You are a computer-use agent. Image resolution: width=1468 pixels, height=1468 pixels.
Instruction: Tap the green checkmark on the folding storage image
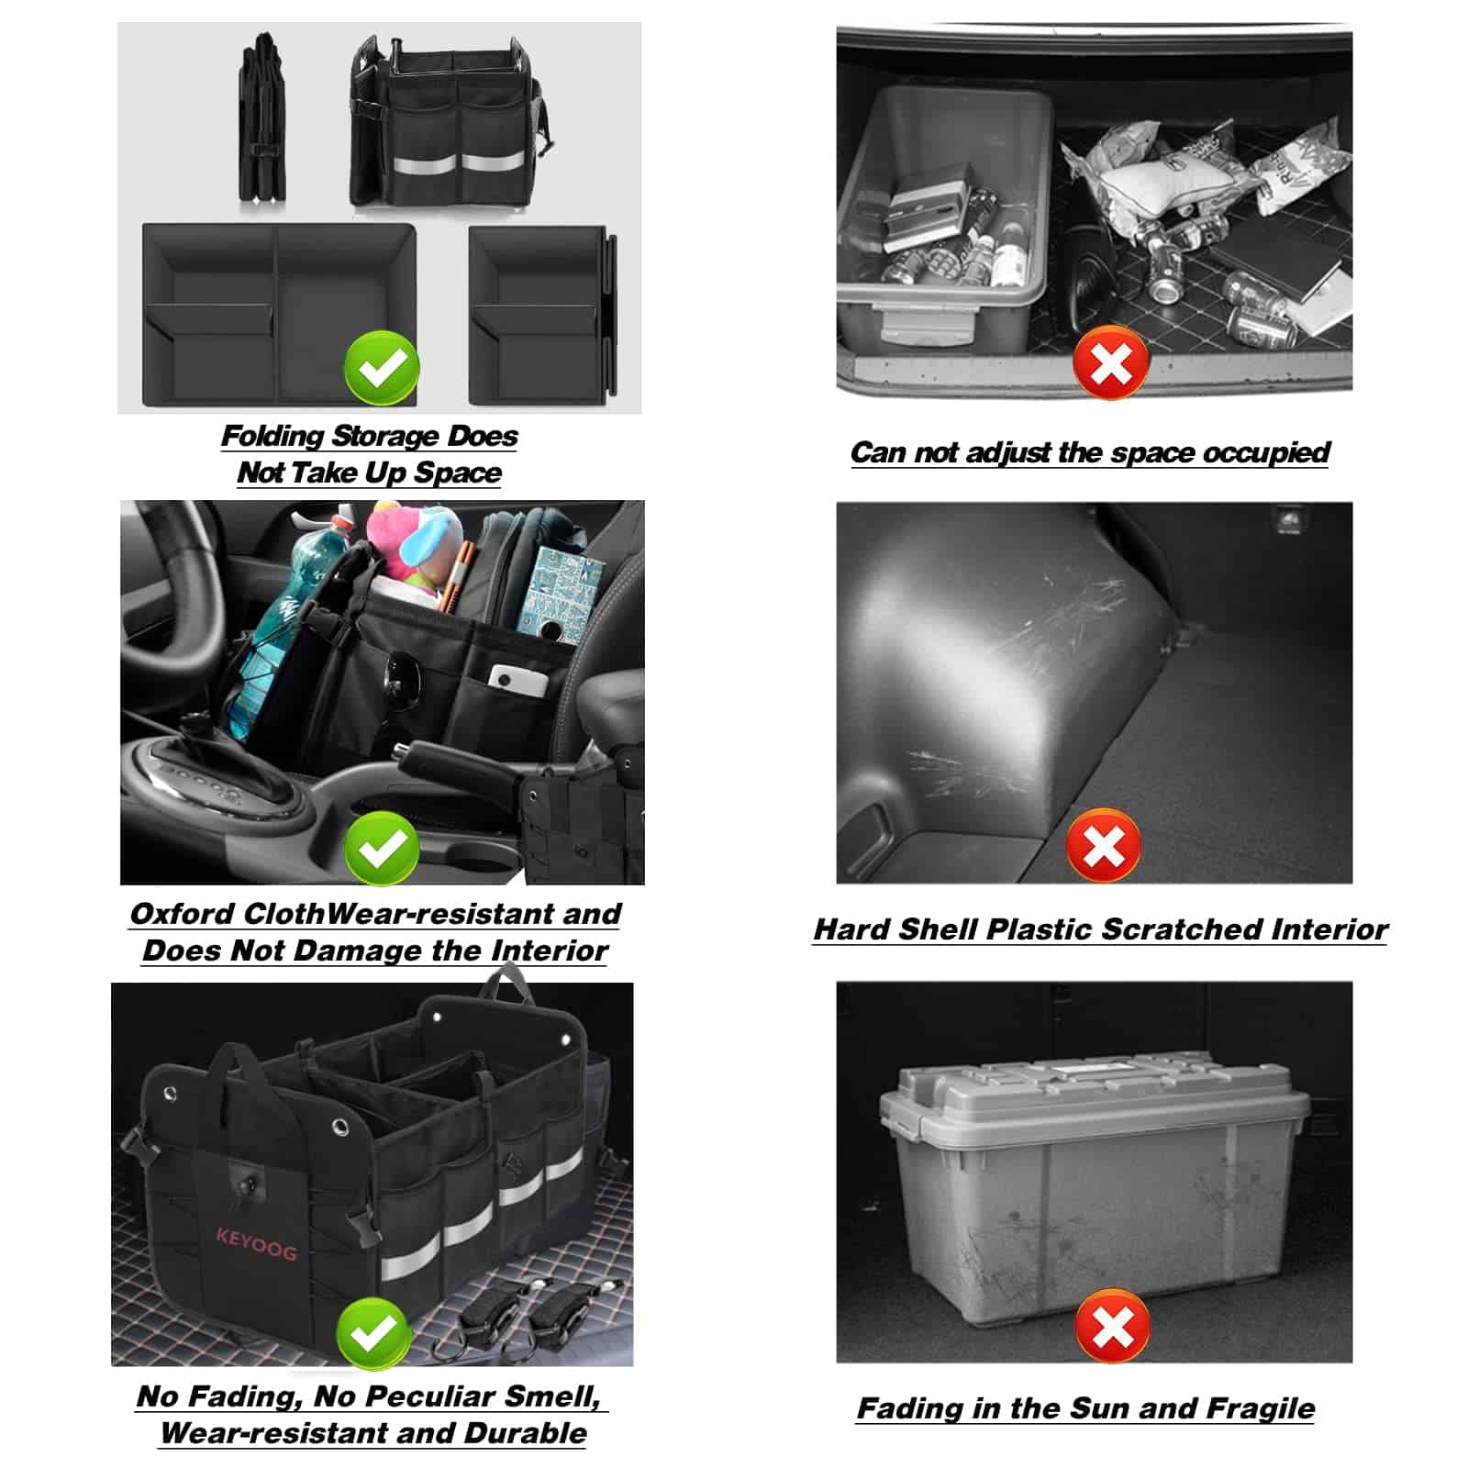pyautogui.click(x=382, y=369)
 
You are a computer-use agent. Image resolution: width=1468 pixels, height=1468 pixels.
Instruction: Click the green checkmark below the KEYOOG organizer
pyautogui.click(x=373, y=1332)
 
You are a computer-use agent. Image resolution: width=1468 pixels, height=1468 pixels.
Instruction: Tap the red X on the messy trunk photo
pyautogui.click(x=1111, y=361)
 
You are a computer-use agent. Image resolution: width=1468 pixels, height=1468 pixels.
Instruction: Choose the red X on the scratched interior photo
pyautogui.click(x=1104, y=845)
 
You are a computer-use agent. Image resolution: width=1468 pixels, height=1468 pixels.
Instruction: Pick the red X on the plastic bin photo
pyautogui.click(x=1113, y=1327)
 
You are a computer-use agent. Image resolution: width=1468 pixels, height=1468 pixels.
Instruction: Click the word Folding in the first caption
pyautogui.click(x=272, y=436)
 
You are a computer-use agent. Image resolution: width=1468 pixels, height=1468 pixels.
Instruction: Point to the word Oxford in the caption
pyautogui.click(x=183, y=914)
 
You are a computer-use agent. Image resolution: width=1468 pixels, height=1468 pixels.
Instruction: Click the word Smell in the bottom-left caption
pyautogui.click(x=553, y=1396)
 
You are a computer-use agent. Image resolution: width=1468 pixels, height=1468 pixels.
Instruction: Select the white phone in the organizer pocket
pyautogui.click(x=518, y=679)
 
